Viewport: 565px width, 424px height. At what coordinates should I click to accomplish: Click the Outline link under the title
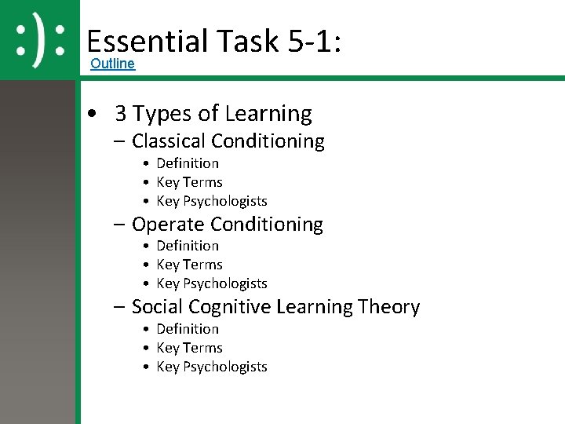click(112, 64)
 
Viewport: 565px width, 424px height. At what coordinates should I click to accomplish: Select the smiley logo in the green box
click(40, 38)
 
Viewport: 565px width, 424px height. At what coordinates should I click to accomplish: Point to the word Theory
click(389, 307)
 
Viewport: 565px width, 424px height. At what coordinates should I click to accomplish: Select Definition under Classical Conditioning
click(188, 163)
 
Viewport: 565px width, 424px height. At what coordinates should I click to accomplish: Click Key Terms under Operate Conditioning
click(189, 265)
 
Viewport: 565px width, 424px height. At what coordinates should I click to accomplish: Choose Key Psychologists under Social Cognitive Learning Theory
click(212, 367)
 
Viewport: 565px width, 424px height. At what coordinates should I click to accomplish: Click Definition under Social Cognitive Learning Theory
click(188, 329)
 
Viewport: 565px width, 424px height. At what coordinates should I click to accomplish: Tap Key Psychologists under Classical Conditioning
click(212, 201)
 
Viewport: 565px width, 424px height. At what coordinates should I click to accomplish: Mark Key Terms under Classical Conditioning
click(189, 182)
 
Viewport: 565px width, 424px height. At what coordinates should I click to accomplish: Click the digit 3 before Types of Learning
click(120, 114)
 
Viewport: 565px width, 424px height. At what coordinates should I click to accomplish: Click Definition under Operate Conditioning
click(188, 246)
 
